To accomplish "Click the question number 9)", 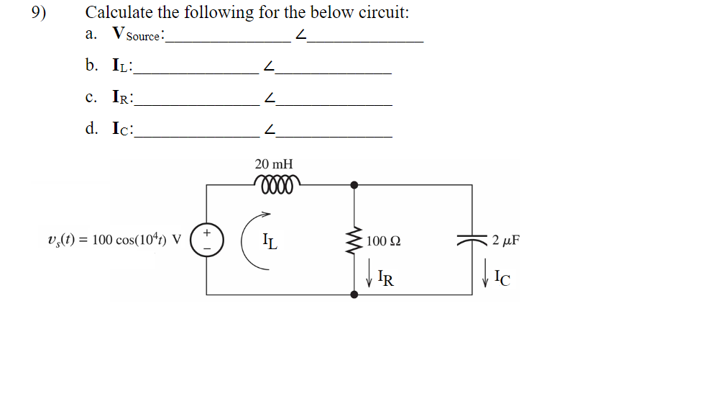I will tap(40, 13).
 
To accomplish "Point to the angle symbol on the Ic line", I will tap(269, 130).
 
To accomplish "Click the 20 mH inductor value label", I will tap(274, 164).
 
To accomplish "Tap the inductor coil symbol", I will tap(274, 181).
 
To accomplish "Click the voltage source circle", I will tap(206, 240).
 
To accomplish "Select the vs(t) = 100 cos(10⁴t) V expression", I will tap(114, 240).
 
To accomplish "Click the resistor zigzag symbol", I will tap(354, 240).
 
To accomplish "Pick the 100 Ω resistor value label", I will tap(384, 241).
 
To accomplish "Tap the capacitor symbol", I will tap(472, 240).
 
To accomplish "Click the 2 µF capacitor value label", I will tap(506, 240).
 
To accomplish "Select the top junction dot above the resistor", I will tap(354, 185).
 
